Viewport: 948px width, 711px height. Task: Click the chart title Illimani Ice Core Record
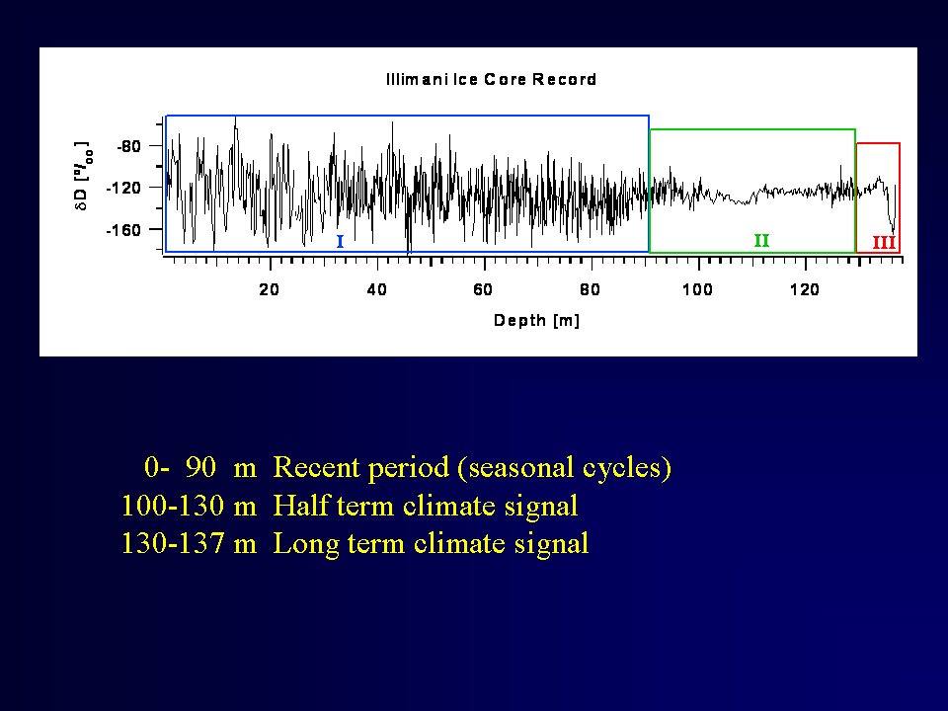click(x=491, y=79)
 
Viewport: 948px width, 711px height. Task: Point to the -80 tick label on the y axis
click(x=128, y=146)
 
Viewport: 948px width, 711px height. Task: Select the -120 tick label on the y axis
click(x=123, y=188)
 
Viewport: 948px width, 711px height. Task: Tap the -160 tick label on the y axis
click(x=123, y=230)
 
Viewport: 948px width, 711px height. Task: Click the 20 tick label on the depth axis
click(x=270, y=289)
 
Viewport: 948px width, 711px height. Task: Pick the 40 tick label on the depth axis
click(x=376, y=289)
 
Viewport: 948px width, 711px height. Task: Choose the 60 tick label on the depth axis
click(x=483, y=289)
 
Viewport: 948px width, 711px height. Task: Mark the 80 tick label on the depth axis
click(x=591, y=289)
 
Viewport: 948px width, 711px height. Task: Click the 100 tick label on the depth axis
click(x=698, y=289)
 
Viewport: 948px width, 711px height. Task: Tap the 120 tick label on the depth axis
click(x=805, y=289)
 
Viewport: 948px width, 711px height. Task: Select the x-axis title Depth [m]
click(x=537, y=320)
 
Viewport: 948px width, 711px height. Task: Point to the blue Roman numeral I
click(x=340, y=242)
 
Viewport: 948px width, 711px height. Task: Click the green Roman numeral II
click(x=761, y=241)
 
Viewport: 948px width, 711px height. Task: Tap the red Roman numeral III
click(x=884, y=243)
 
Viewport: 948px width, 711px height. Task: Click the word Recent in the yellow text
click(x=317, y=467)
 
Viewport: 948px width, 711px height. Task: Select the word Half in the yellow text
click(x=301, y=506)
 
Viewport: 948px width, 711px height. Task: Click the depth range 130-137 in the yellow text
click(x=173, y=543)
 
